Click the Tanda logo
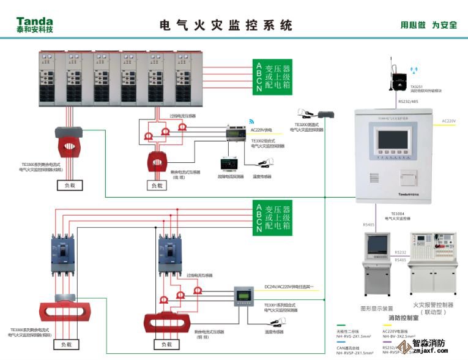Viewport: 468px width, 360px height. pos(35,24)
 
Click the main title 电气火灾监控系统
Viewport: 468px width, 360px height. pos(226,25)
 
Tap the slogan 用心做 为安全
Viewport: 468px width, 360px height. pos(428,25)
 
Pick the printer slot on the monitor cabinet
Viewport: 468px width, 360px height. pos(409,176)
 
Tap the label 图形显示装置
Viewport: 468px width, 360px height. pos(377,308)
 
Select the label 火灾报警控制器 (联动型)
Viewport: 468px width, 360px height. pos(433,308)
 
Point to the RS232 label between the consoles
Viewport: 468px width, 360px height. pos(400,252)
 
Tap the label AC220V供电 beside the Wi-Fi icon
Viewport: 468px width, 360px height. pos(262,130)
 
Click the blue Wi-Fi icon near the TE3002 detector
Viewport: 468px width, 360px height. pos(251,122)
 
